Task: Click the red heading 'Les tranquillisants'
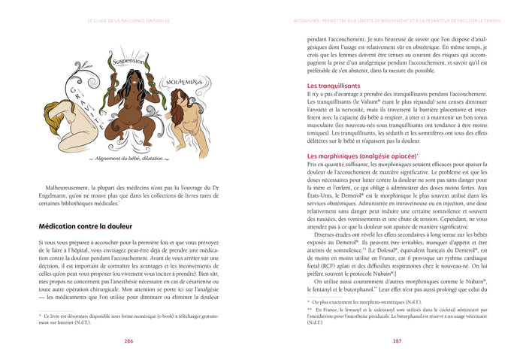click(x=328, y=86)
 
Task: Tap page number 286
click(x=128, y=340)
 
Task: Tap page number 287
click(x=397, y=340)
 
